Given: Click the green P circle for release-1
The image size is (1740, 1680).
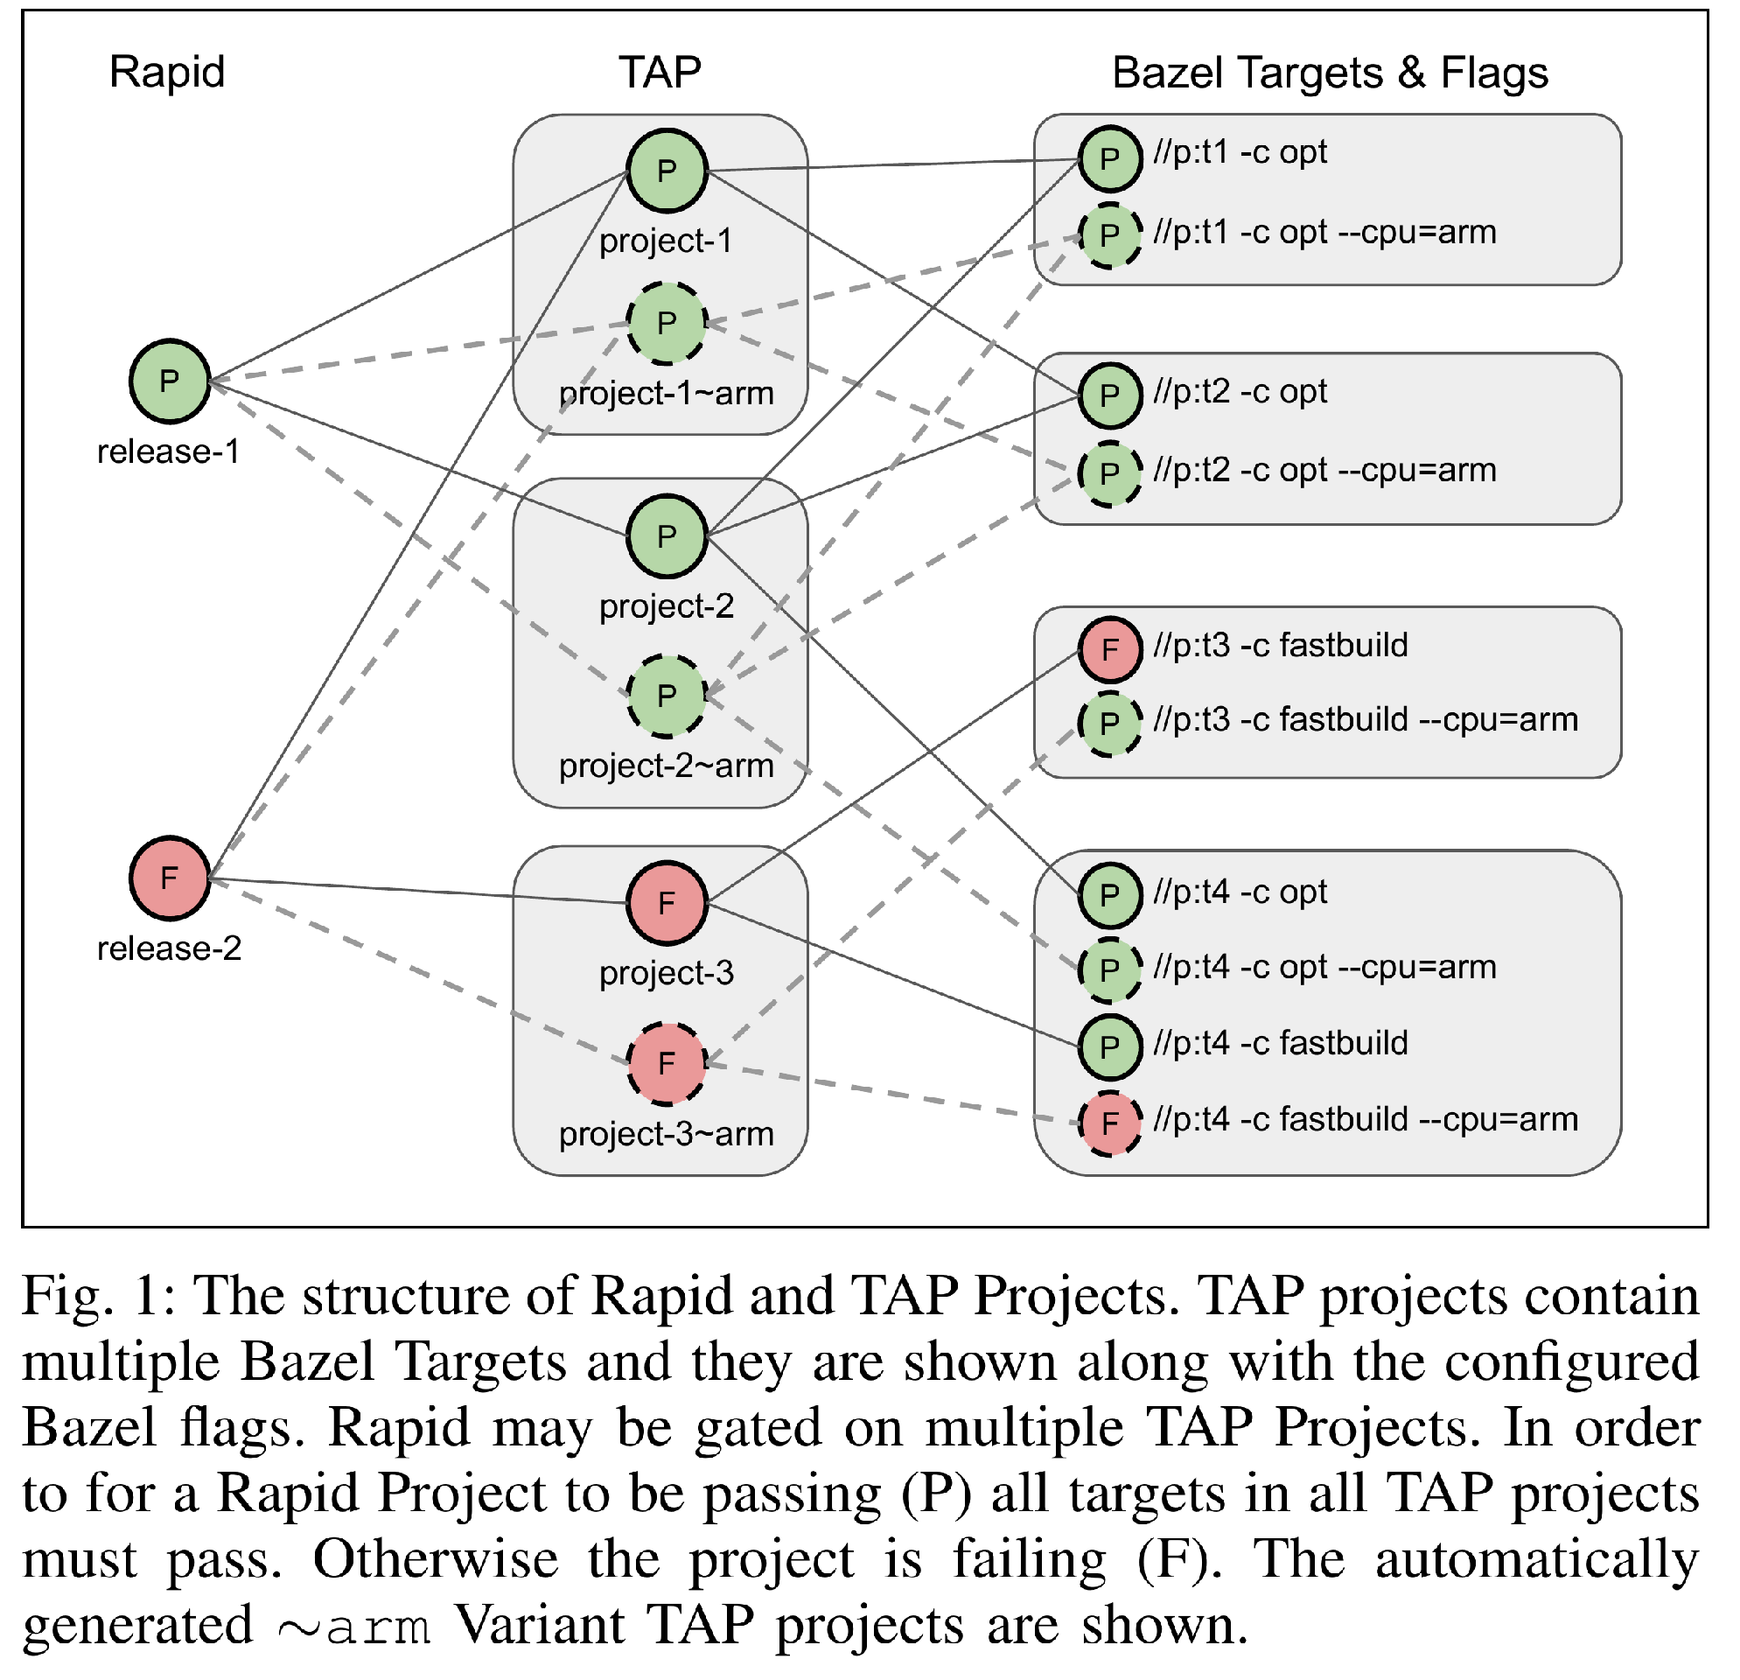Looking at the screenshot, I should pyautogui.click(x=170, y=381).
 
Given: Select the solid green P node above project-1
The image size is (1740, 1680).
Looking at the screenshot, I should pyautogui.click(x=667, y=171).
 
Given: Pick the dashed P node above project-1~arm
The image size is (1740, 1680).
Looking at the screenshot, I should pyautogui.click(x=667, y=324).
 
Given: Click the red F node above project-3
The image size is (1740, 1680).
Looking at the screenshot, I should pyautogui.click(x=667, y=904).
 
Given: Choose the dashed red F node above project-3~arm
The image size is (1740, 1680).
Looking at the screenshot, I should pyautogui.click(x=667, y=1064).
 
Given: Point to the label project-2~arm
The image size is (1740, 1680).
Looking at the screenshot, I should pyautogui.click(x=667, y=766).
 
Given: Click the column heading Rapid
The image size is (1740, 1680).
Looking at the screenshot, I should pyautogui.click(x=167, y=72).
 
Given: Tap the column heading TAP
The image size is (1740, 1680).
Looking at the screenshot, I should pyautogui.click(x=660, y=72).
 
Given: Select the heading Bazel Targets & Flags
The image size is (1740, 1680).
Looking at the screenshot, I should pyautogui.click(x=1330, y=73).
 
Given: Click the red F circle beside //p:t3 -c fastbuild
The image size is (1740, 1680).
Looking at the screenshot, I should pyautogui.click(x=1109, y=649).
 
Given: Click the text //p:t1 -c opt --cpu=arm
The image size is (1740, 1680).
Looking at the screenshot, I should pyautogui.click(x=1324, y=233).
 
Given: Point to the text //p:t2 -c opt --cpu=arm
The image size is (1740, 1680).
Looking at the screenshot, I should pyautogui.click(x=1324, y=471).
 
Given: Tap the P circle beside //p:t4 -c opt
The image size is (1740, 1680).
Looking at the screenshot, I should pyautogui.click(x=1109, y=895).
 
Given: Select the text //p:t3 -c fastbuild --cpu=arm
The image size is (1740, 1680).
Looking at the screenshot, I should pyautogui.click(x=1366, y=720).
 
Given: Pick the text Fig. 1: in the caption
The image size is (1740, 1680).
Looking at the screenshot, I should pyautogui.click(x=100, y=1298).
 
